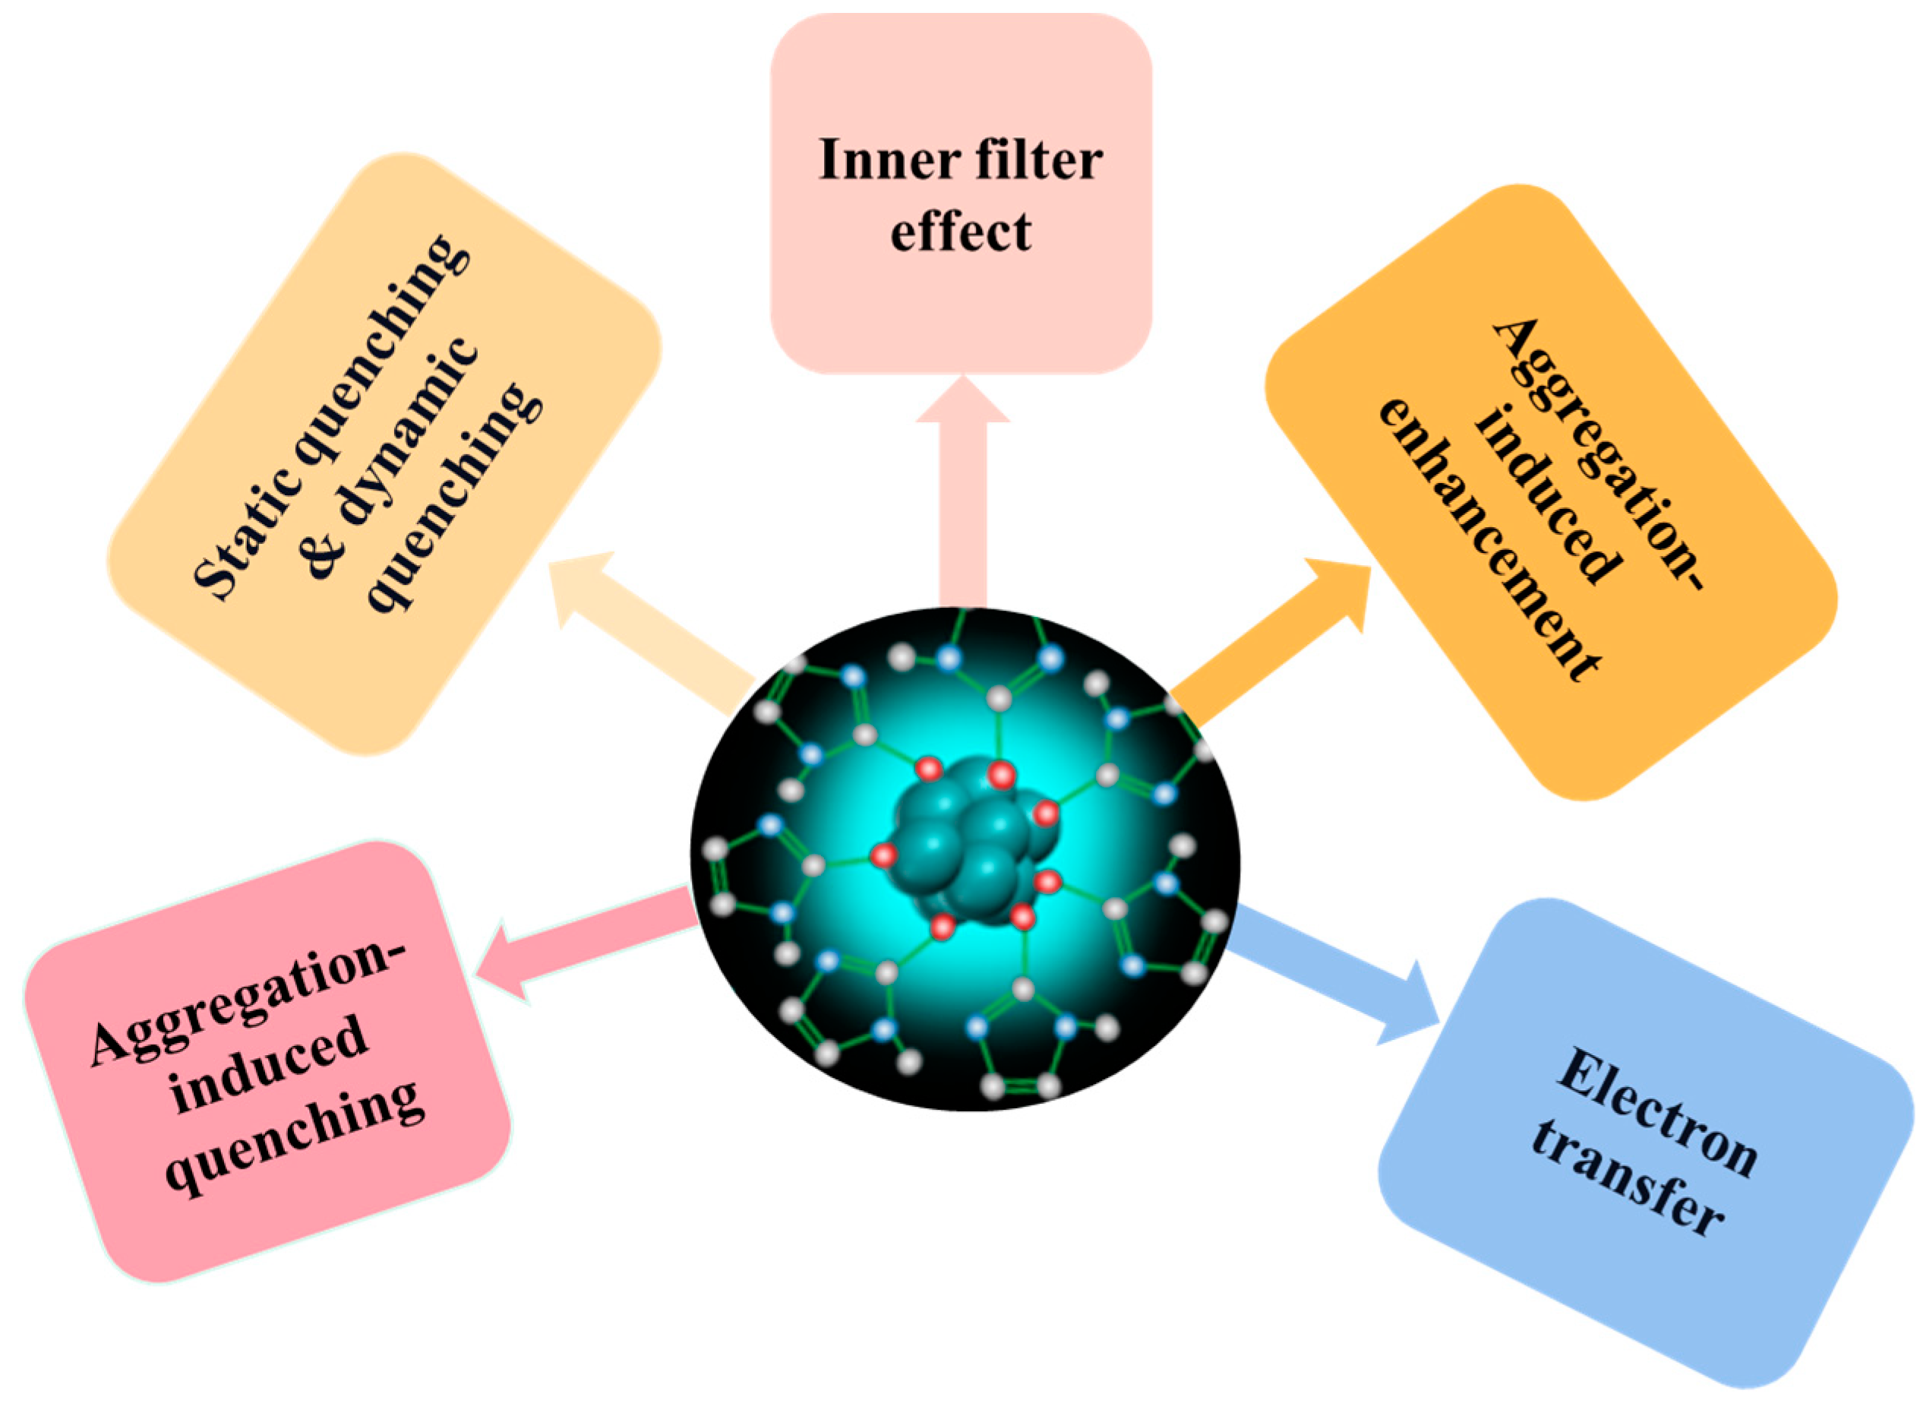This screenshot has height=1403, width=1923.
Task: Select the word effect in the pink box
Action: pyautogui.click(x=960, y=231)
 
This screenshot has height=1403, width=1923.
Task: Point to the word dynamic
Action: pyautogui.click(x=408, y=425)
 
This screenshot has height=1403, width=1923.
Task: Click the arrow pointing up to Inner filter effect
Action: pyautogui.click(x=963, y=492)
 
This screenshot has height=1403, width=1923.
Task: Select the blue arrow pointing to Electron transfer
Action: pyautogui.click(x=1341, y=977)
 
